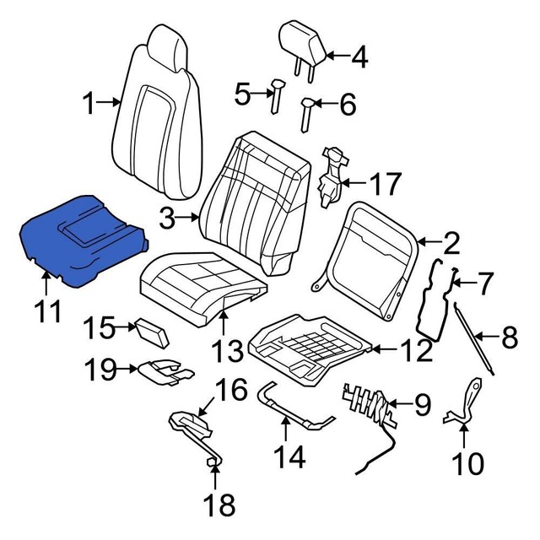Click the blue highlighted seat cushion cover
[x=80, y=240]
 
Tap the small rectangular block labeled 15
[x=152, y=331]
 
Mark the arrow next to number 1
[x=111, y=105]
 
